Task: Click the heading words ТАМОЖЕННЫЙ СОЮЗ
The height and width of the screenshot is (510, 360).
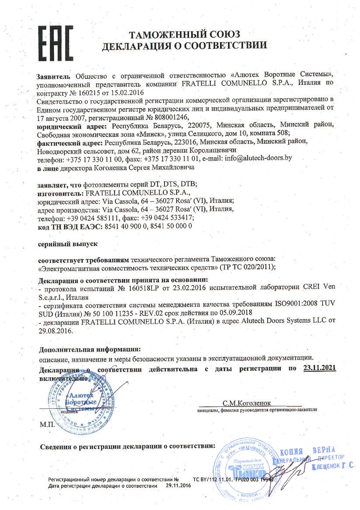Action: coord(184,35)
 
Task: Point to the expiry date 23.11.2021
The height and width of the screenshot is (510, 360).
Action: coord(319,369)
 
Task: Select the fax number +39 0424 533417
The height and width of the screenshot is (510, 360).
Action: coord(167,218)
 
